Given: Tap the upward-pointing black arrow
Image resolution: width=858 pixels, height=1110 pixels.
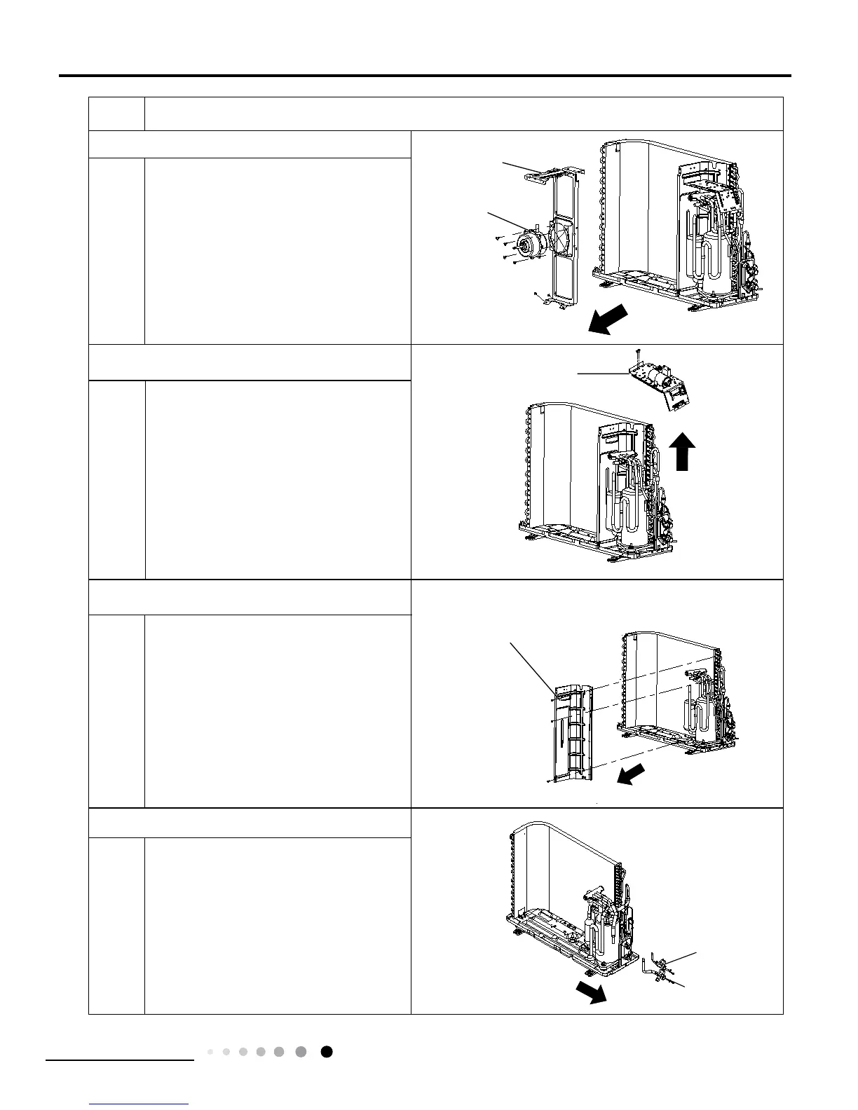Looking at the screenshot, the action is pyautogui.click(x=685, y=451).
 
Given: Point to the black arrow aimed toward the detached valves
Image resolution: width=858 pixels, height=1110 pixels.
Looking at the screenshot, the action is pyautogui.click(x=590, y=992).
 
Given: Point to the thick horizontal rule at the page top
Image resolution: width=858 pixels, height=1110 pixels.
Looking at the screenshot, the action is pyautogui.click(x=425, y=76).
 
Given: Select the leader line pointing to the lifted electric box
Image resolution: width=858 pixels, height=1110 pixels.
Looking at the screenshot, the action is pyautogui.click(x=603, y=374).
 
